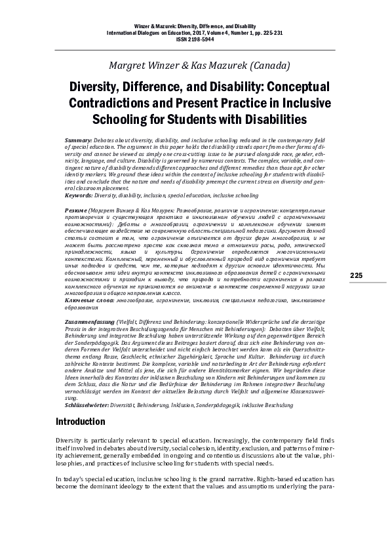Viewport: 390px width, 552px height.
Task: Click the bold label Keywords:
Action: pos(79,195)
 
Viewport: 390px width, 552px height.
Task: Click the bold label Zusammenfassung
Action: pos(90,323)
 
